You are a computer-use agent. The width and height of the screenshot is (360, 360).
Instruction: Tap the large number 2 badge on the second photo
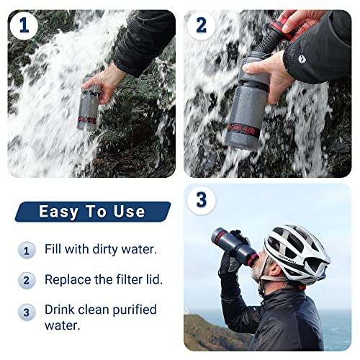[x=202, y=26]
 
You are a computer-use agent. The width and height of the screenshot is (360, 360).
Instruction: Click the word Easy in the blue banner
[x=58, y=212]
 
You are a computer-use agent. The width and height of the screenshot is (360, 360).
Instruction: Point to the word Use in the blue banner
[x=128, y=212]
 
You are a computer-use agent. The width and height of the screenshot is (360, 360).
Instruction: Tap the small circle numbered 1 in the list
[x=27, y=251]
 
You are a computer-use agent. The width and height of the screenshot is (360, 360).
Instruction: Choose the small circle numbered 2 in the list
[x=27, y=279]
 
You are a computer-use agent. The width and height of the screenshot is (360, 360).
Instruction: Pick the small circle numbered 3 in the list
[x=27, y=312]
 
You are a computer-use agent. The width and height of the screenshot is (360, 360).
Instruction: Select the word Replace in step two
[x=68, y=279]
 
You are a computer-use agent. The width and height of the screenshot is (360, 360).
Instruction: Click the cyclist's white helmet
[x=296, y=248]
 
